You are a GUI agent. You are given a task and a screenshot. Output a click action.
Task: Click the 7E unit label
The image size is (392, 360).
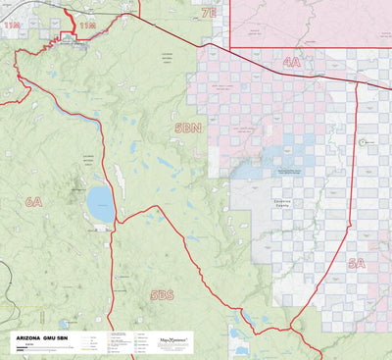pyautogui.click(x=208, y=13)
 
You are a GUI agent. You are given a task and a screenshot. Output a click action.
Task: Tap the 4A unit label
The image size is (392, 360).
pyautogui.click(x=291, y=62)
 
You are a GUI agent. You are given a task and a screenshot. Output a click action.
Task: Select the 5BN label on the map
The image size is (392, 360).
pyautogui.click(x=187, y=128)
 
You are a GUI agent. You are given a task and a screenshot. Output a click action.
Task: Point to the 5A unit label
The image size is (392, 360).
pyautogui.click(x=356, y=263)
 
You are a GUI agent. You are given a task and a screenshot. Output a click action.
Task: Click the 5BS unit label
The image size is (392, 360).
pyautogui.click(x=162, y=294)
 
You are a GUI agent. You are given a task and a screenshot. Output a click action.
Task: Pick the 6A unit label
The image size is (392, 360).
pyautogui.click(x=34, y=201)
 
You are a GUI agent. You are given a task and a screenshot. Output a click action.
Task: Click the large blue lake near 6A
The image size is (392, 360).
pyautogui.click(x=99, y=205)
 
